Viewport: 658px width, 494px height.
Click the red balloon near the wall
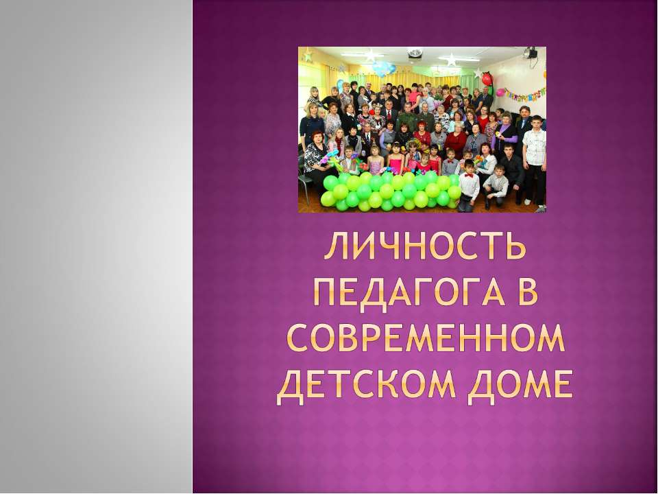[x=487, y=80]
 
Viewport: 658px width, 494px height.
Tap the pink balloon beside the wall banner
[x=500, y=92]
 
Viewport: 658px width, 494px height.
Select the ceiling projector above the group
[x=415, y=52]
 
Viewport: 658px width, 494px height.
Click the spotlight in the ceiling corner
[x=531, y=53]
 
